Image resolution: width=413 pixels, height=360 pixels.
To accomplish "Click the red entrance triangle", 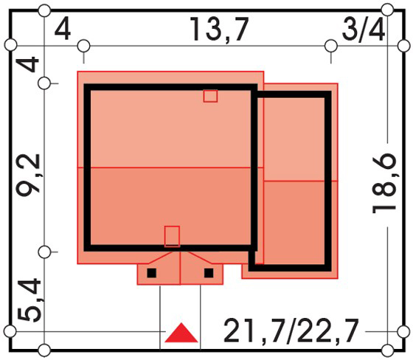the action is point(181,333).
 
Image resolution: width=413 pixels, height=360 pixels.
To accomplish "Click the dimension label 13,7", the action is point(220,30).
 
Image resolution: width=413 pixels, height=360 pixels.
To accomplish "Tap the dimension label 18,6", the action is point(383,183).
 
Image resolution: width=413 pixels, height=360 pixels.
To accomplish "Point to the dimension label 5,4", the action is point(29,301).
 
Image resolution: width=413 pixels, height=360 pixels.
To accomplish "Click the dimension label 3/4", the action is point(363,29).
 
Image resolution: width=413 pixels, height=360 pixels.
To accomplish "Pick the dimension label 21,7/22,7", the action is point(291,330).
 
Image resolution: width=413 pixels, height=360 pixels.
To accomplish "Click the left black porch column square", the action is point(151,273).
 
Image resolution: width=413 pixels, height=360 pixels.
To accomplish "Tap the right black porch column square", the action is point(209,273).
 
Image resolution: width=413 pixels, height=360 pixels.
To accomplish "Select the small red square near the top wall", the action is point(210,96).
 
